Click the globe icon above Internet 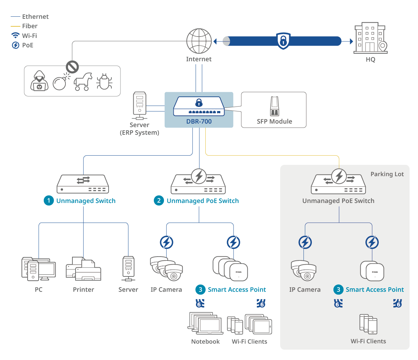coord(199,41)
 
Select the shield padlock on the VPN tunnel coord(283,41)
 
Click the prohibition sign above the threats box coord(72,66)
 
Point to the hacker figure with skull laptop coord(39,81)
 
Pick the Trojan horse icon coord(83,82)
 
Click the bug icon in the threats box coord(104,82)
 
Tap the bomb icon coord(60,83)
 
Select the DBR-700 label coord(199,122)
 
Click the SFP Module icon coord(275,106)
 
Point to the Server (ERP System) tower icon coord(140,105)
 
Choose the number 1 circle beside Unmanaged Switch coord(49,201)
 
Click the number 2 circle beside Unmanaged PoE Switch coord(159,201)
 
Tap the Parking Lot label coord(387,174)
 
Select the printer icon coord(84,269)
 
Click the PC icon coord(38,269)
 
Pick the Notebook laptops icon coord(205,323)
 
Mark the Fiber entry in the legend coord(30,26)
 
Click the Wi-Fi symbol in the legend coord(16,36)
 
